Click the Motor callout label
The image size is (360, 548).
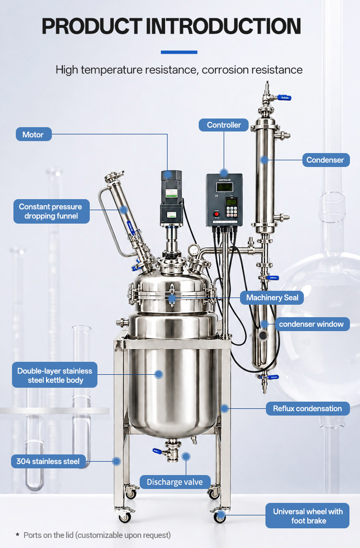[x=34, y=134]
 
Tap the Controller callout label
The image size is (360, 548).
[x=224, y=125]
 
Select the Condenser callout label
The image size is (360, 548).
[x=326, y=160]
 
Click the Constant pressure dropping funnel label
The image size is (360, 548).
[x=51, y=212]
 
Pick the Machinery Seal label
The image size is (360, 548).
[x=272, y=298]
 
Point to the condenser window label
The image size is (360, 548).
[x=312, y=324]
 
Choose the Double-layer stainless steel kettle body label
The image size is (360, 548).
[x=55, y=375]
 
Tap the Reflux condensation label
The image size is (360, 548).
[x=308, y=408]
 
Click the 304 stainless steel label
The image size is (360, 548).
[x=48, y=461]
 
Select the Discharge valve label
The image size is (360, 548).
[x=175, y=482]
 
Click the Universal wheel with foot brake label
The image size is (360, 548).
[x=308, y=516]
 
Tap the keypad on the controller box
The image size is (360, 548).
[x=232, y=211]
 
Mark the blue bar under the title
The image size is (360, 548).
[x=179, y=52]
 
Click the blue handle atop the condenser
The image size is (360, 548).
[x=285, y=98]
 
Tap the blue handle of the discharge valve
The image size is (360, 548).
[x=157, y=451]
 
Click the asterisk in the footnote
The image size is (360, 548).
[x=17, y=535]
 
